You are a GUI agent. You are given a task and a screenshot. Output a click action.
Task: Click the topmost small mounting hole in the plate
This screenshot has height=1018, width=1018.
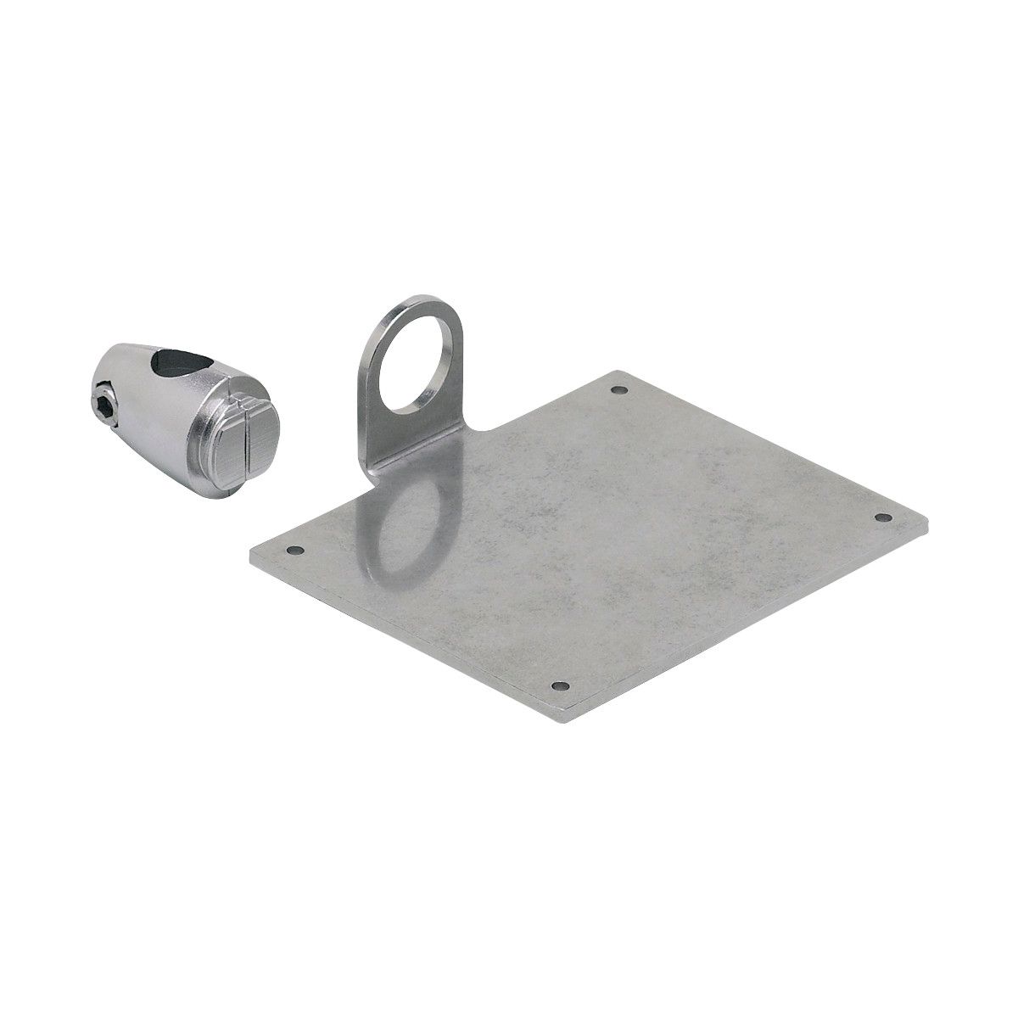coord(618,391)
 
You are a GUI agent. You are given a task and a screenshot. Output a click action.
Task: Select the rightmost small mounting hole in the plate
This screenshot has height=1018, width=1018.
coord(881,517)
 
